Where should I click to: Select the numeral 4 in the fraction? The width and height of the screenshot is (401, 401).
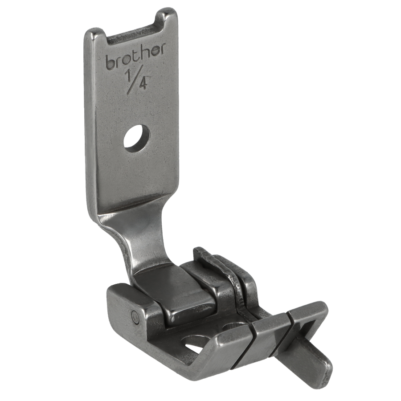tap(143, 83)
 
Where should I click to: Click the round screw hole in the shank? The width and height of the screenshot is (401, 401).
tap(137, 139)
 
